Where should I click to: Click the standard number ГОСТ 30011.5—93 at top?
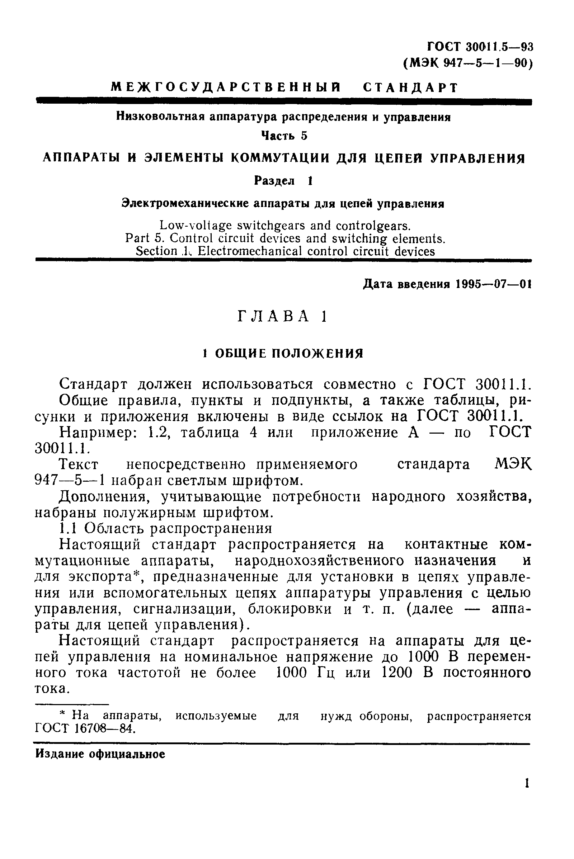pos(480,47)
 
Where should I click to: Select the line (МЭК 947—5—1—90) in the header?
pos(468,64)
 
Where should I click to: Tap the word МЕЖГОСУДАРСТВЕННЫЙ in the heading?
pos(226,88)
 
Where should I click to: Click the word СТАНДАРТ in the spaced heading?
pos(410,88)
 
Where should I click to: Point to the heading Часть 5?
pos(284,136)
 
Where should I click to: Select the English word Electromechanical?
pos(250,251)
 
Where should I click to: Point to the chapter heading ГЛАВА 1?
pos(282,316)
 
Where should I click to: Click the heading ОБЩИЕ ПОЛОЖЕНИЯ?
pos(289,353)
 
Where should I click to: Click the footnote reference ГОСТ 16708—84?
pos(85,728)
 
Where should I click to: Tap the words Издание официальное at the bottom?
pos(100,754)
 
